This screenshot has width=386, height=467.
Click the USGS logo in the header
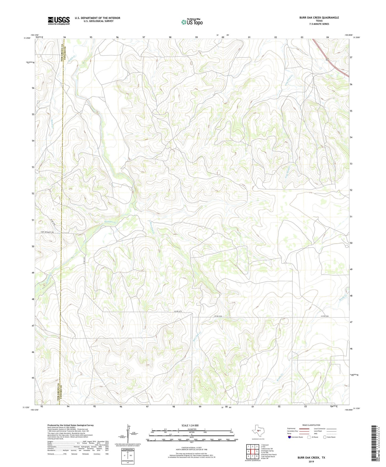tap(59, 21)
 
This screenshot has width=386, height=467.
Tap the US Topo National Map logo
tap(192, 22)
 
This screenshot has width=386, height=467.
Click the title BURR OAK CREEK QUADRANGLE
tap(319, 18)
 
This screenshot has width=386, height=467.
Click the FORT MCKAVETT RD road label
tap(47, 232)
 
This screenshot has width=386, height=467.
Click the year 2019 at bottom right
tap(311, 461)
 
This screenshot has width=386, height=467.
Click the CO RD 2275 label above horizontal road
tap(178, 311)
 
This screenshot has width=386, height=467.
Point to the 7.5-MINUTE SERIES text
tap(319, 24)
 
